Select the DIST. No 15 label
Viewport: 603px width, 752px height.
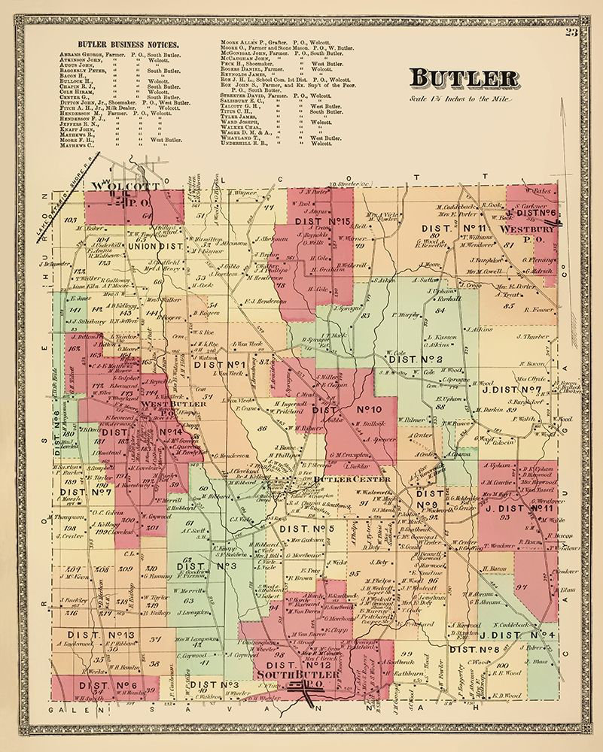324,222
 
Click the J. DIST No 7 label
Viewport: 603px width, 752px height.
516,389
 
